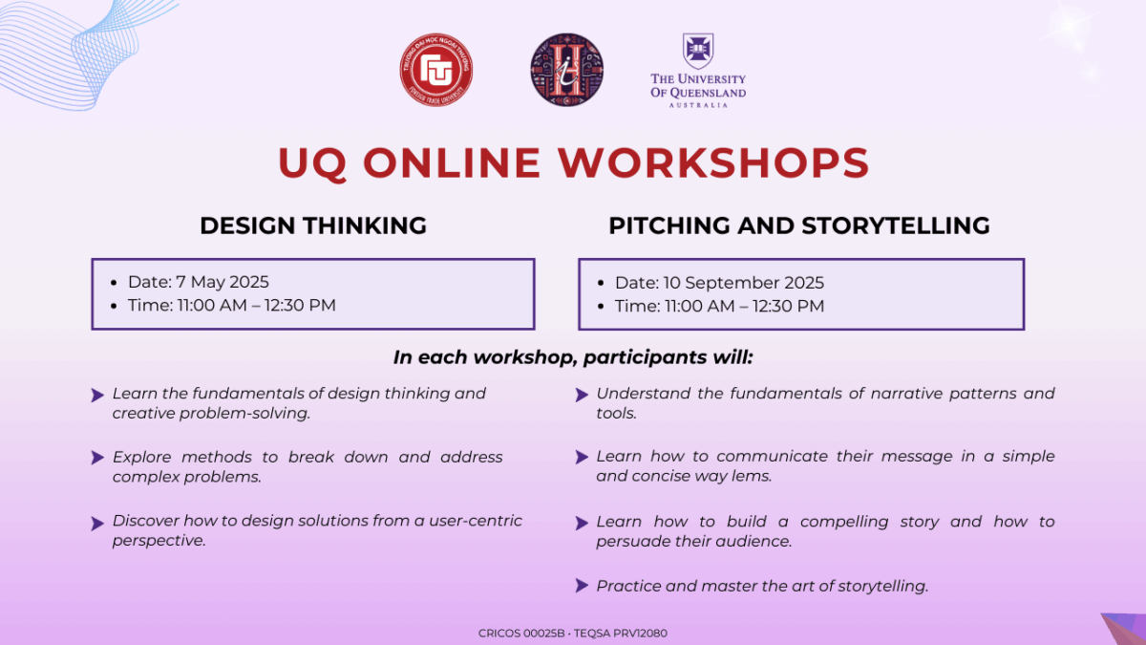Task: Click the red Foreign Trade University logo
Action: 435,70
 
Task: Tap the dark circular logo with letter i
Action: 567,70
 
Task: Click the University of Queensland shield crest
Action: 698,52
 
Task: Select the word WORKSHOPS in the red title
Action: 713,162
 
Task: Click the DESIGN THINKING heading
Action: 313,226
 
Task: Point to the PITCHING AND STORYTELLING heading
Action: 799,226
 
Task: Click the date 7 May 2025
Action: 222,282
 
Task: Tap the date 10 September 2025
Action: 743,283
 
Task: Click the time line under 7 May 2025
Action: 232,305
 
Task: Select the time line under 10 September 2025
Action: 719,306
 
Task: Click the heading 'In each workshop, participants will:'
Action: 573,357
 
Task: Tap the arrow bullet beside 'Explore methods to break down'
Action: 97,457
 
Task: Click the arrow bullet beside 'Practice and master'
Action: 582,585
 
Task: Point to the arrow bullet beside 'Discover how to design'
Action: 97,524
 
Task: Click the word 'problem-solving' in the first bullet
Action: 244,414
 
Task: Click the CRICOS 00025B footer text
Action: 521,634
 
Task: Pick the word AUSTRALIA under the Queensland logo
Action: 698,105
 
